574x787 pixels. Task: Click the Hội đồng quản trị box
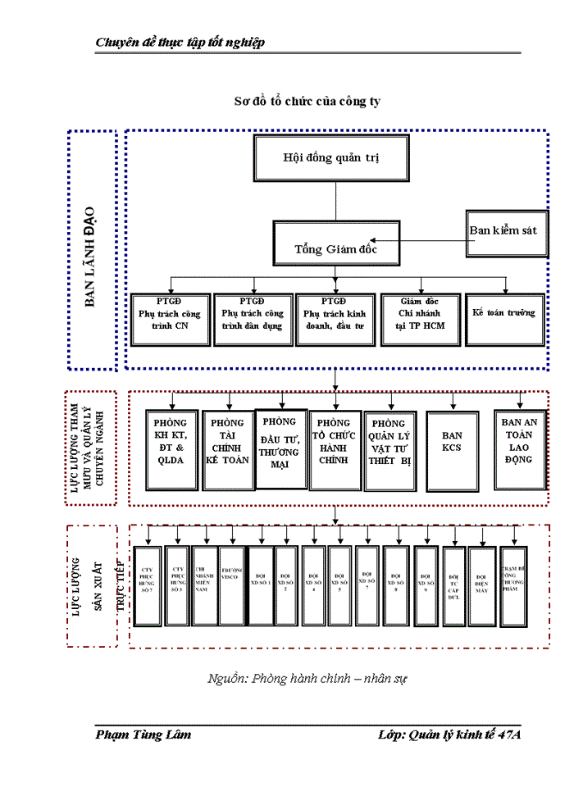(332, 158)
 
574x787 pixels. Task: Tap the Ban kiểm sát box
(503, 232)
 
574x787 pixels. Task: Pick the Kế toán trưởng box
(503, 318)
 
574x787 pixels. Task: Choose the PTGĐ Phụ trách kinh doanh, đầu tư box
(334, 318)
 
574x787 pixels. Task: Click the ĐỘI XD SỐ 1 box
(259, 585)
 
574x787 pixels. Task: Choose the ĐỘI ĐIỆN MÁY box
(481, 585)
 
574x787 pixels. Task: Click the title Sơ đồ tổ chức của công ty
(307, 100)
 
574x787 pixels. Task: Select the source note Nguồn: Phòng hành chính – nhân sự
(307, 679)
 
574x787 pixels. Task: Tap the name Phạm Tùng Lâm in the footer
(143, 735)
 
